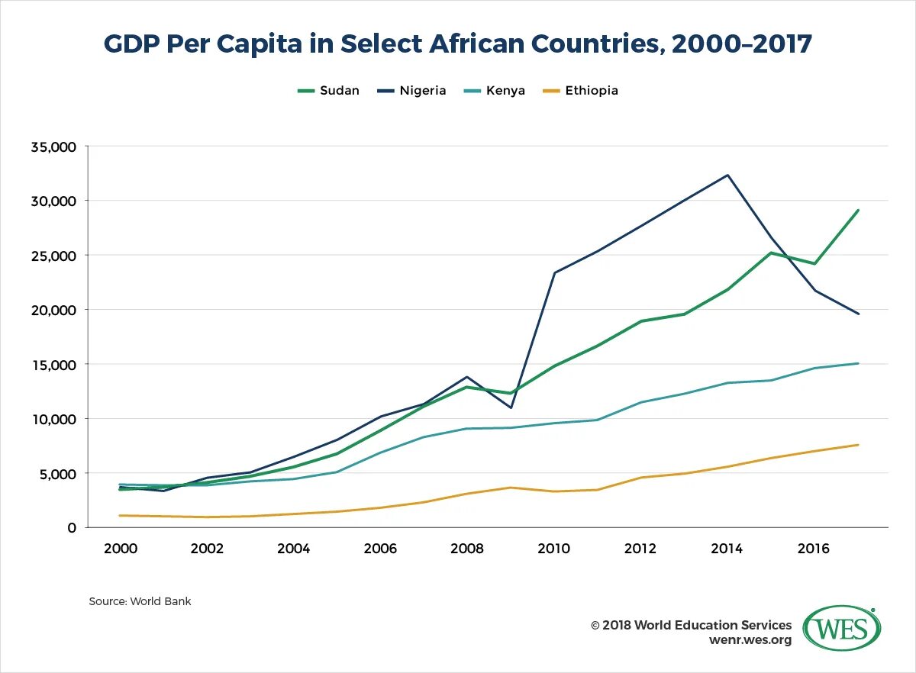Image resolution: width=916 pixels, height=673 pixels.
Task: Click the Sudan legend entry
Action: pyautogui.click(x=328, y=91)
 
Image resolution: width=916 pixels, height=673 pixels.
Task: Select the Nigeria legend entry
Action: pyautogui.click(x=411, y=91)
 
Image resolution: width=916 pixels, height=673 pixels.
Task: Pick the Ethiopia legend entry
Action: pyautogui.click(x=580, y=91)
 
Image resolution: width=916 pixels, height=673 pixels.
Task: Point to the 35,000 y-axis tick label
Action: pyautogui.click(x=53, y=147)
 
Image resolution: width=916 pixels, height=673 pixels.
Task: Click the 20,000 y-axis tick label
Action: pyautogui.click(x=53, y=310)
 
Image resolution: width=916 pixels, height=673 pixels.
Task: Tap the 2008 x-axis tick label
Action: pyautogui.click(x=467, y=548)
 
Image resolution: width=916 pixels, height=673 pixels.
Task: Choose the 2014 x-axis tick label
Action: pyautogui.click(x=727, y=548)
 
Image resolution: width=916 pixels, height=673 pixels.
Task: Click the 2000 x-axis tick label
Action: pyautogui.click(x=121, y=548)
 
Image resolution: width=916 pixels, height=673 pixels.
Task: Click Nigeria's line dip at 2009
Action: pyautogui.click(x=511, y=407)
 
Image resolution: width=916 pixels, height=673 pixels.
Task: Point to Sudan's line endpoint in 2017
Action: pyautogui.click(x=858, y=211)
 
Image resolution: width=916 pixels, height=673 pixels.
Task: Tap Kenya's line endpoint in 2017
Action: pyautogui.click(x=858, y=363)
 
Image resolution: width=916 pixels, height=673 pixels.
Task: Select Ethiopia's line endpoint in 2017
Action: pyautogui.click(x=858, y=445)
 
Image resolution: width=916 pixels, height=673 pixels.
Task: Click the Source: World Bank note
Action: pyautogui.click(x=140, y=601)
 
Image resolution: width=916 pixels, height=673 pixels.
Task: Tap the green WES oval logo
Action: pyautogui.click(x=842, y=629)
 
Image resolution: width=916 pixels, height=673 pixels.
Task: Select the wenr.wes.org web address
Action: pyautogui.click(x=750, y=639)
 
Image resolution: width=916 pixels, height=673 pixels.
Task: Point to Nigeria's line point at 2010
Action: pyautogui.click(x=554, y=272)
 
